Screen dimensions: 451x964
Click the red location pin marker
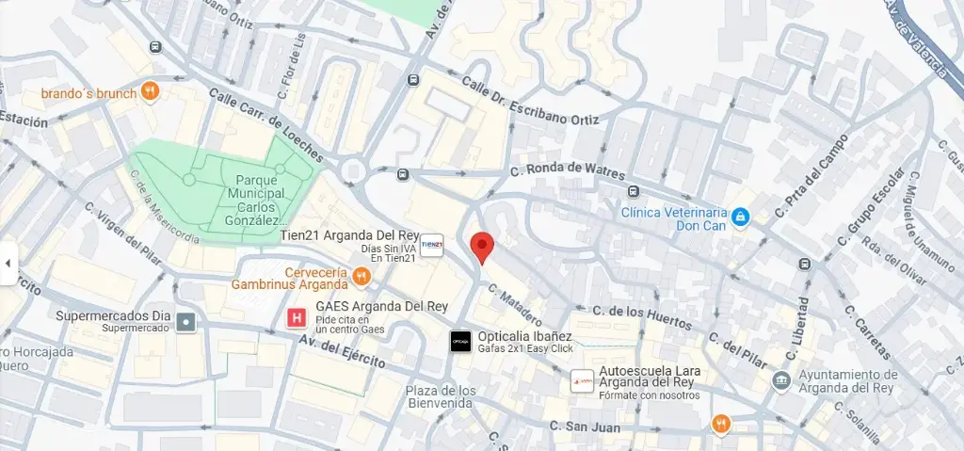coord(482,246)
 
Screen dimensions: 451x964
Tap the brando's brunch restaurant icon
coord(150,91)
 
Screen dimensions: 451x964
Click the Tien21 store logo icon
coord(432,244)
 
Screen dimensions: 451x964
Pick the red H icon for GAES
coord(297,319)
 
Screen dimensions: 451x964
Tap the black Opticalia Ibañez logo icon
coord(460,342)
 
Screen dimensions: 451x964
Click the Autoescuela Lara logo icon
coord(583,381)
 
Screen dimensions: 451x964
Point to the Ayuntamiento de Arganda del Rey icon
coord(780,380)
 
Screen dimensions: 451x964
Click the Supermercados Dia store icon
coord(187,322)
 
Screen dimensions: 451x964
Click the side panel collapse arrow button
coord(8,263)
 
